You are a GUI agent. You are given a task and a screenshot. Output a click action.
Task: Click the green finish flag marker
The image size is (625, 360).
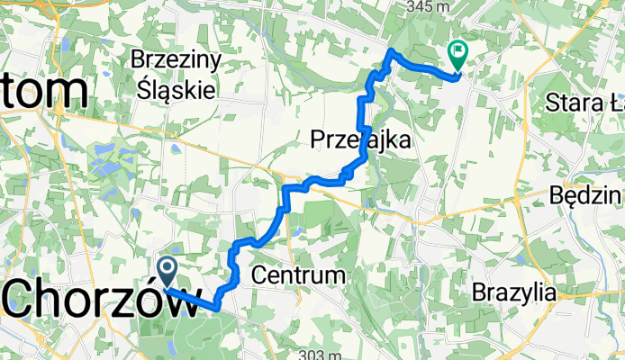tap(457, 57)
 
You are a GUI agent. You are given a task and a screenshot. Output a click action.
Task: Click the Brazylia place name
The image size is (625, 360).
tap(514, 292)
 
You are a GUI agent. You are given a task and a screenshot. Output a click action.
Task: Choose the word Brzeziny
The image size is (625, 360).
tap(177, 61)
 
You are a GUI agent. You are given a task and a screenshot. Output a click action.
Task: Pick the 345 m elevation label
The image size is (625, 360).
tap(428, 7)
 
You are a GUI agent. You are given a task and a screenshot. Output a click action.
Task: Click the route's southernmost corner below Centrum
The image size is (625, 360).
tap(218, 308)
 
